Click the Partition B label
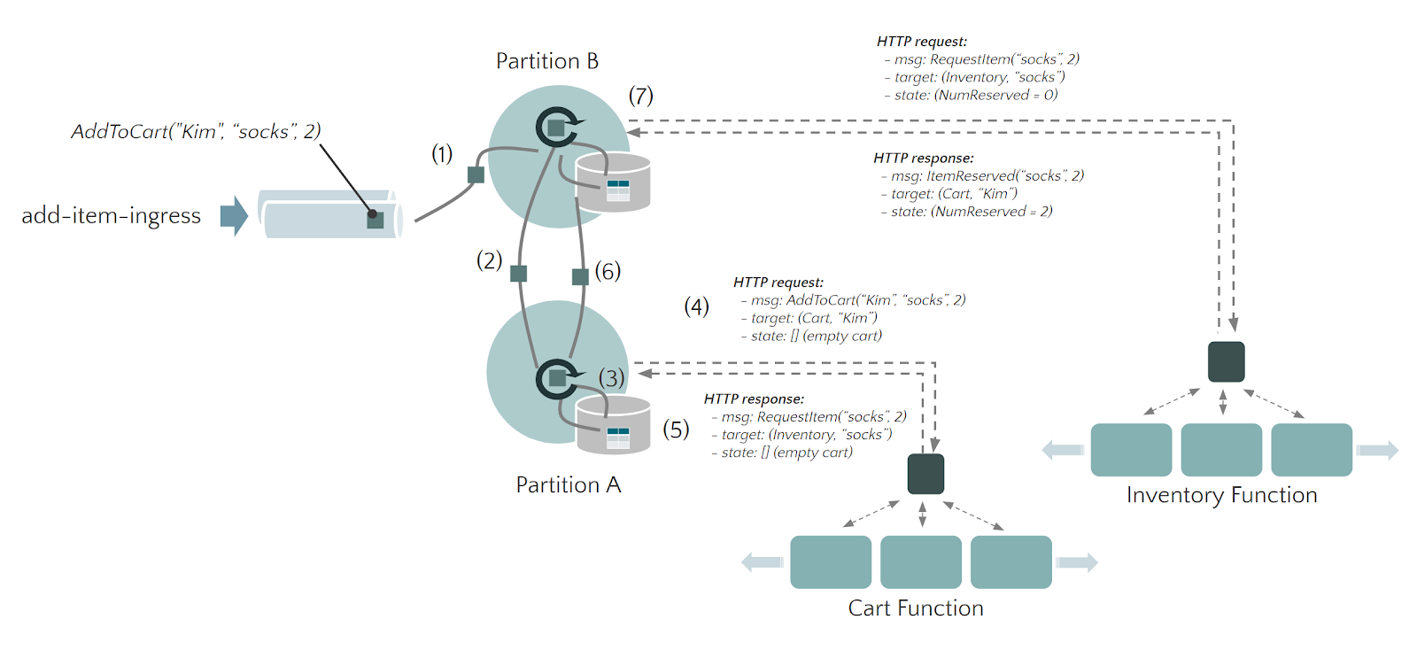[546, 61]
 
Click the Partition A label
[568, 485]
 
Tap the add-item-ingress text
[111, 215]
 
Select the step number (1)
[442, 154]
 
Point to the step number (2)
[489, 260]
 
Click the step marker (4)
[696, 306]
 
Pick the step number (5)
[676, 430]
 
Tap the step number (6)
[608, 271]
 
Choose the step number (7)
[640, 96]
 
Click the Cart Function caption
[915, 608]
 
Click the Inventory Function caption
[1221, 495]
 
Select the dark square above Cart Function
[925, 474]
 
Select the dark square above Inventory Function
[1226, 361]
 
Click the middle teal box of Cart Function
[921, 561]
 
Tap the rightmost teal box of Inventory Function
[1311, 450]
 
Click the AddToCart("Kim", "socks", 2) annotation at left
[196, 132]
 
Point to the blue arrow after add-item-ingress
[234, 215]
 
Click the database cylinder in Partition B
[613, 183]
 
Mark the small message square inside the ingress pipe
[376, 220]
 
